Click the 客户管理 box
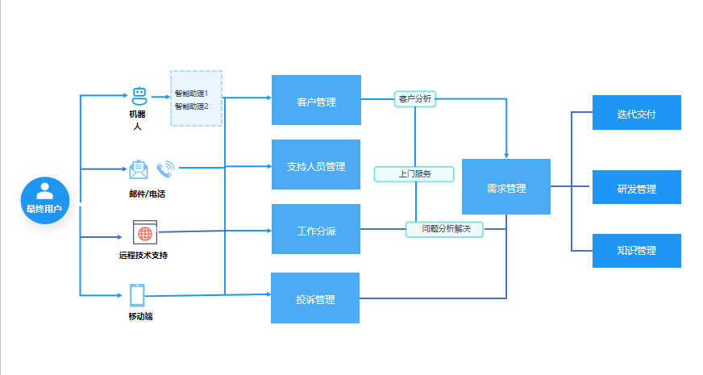coord(316,100)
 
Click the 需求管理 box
coord(505,187)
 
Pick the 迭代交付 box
coord(636,113)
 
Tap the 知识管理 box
coord(636,251)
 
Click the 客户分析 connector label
coord(414,99)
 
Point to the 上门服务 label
coord(414,173)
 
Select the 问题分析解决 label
coord(443,229)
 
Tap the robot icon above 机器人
coord(139,96)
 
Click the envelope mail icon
coord(139,169)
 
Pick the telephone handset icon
coord(165,169)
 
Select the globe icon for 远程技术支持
coord(144,233)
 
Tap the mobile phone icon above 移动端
coord(137,296)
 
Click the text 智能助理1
coord(192,94)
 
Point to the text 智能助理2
coord(192,106)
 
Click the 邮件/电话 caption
coord(147,194)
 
